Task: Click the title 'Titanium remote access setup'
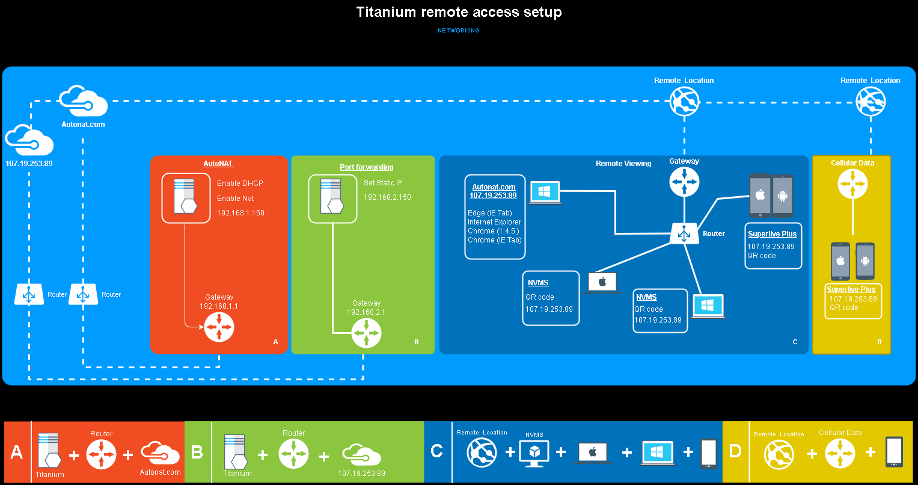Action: pyautogui.click(x=459, y=12)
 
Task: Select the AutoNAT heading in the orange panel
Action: pyautogui.click(x=218, y=164)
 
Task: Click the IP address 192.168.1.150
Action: pyautogui.click(x=240, y=213)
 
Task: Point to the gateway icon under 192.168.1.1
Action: pyautogui.click(x=219, y=328)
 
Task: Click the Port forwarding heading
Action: pyautogui.click(x=367, y=167)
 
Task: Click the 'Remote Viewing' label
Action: pyautogui.click(x=623, y=164)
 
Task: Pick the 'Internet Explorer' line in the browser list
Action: pyautogui.click(x=494, y=222)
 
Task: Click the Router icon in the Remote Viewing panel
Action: pyautogui.click(x=684, y=233)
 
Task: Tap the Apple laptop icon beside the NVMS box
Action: pyautogui.click(x=602, y=282)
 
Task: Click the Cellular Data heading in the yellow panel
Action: pyautogui.click(x=852, y=163)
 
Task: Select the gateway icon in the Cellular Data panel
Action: pyautogui.click(x=852, y=184)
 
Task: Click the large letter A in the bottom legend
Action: pyautogui.click(x=17, y=452)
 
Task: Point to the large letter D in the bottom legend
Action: pyautogui.click(x=735, y=452)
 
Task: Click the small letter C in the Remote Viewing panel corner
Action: pyautogui.click(x=795, y=342)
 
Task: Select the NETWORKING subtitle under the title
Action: pyautogui.click(x=459, y=30)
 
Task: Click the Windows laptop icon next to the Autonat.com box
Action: pyautogui.click(x=545, y=193)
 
